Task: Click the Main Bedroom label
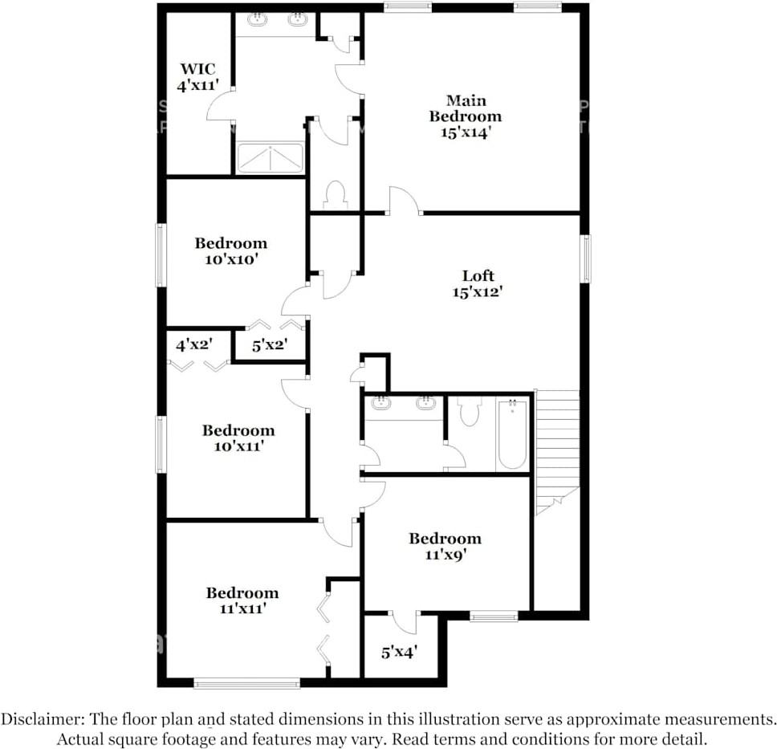465,108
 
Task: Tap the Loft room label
478,276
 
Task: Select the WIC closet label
197,69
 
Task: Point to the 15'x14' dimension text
465,132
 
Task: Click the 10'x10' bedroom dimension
230,259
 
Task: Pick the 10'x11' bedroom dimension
238,446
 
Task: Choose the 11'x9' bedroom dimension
445,554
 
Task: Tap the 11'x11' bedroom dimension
242,609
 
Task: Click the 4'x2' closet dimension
193,345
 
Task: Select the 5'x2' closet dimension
269,346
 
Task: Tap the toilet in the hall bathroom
469,411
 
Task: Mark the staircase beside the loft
557,446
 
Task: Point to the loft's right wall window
586,258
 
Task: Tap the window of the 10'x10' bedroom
161,255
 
